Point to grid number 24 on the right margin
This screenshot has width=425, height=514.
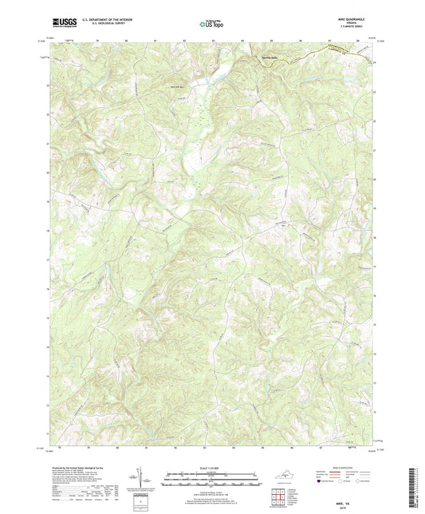click(376, 62)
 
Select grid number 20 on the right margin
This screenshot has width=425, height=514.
click(376, 172)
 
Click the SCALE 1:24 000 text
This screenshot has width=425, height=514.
click(212, 461)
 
